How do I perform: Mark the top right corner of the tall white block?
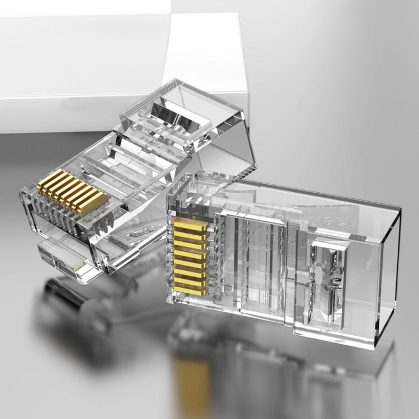tap(241, 15)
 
